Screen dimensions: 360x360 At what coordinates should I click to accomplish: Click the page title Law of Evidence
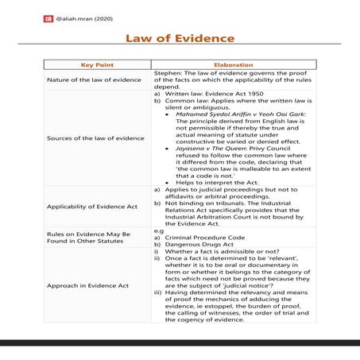[180, 38]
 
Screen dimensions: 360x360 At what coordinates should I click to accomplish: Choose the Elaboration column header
[234, 65]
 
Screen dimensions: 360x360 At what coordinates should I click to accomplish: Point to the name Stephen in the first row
[167, 73]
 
